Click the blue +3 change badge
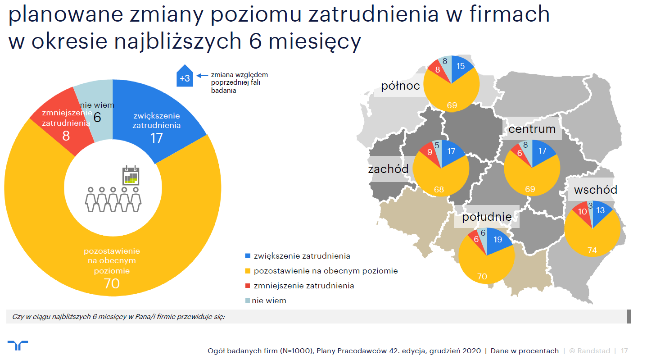click(x=185, y=76)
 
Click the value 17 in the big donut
click(x=157, y=138)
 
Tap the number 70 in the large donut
click(x=112, y=283)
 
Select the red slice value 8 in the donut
click(x=66, y=136)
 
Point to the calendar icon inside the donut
click(x=131, y=176)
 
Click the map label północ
click(x=400, y=86)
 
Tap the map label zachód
click(x=388, y=169)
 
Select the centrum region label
click(x=532, y=129)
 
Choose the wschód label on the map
click(x=596, y=190)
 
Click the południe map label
click(x=487, y=217)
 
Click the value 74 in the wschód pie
click(x=592, y=250)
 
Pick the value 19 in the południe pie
click(x=498, y=239)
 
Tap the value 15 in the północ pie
click(x=461, y=66)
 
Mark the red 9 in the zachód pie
click(x=430, y=152)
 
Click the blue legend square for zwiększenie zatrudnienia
click(x=248, y=256)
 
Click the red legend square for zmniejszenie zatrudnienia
click(x=248, y=286)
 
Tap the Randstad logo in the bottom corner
click(x=18, y=345)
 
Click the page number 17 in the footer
click(x=624, y=351)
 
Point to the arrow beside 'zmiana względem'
click(x=202, y=76)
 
